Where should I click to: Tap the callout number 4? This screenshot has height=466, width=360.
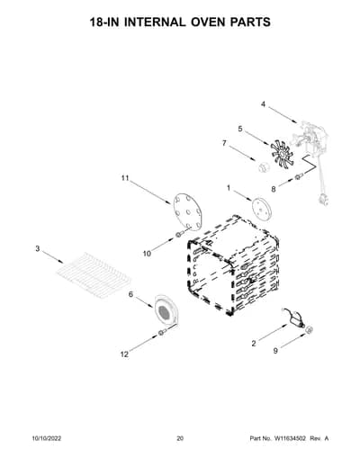pyautogui.click(x=263, y=104)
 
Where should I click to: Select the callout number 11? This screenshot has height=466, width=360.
pyautogui.click(x=125, y=178)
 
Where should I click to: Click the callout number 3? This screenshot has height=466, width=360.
pyautogui.click(x=38, y=248)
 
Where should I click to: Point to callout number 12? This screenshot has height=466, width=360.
pyautogui.click(x=124, y=354)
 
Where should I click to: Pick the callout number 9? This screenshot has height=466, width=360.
pyautogui.click(x=275, y=351)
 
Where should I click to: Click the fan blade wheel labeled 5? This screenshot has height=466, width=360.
pyautogui.click(x=282, y=155)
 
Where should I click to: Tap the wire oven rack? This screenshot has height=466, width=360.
pyautogui.click(x=94, y=275)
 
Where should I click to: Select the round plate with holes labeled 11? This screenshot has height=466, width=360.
pyautogui.click(x=187, y=211)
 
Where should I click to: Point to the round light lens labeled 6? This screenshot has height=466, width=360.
pyautogui.click(x=166, y=310)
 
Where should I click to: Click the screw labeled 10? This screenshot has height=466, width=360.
pyautogui.click(x=178, y=235)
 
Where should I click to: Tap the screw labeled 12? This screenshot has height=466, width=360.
pyautogui.click(x=162, y=332)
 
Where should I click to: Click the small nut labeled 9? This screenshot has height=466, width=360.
pyautogui.click(x=310, y=330)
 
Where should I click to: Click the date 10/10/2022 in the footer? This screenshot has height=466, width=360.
pyautogui.click(x=47, y=438)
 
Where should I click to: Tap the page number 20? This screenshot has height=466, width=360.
pyautogui.click(x=180, y=438)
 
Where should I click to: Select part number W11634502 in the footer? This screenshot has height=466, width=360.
pyautogui.click(x=289, y=438)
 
